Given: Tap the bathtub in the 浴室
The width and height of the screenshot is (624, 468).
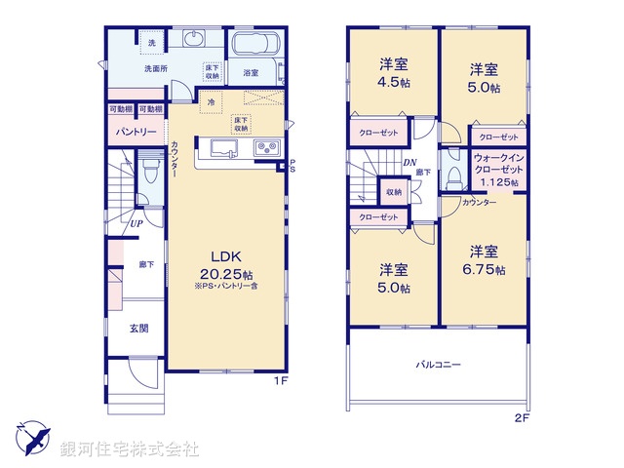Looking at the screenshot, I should coord(254,46).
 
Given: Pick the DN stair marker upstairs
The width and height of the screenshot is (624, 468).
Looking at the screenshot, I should coord(412,164).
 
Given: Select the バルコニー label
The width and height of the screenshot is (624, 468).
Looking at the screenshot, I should coord(438,364).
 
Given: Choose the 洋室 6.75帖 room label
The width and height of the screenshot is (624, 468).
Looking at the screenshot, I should coord(485,257).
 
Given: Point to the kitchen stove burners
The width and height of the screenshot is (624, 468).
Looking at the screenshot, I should coord(266,148).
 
